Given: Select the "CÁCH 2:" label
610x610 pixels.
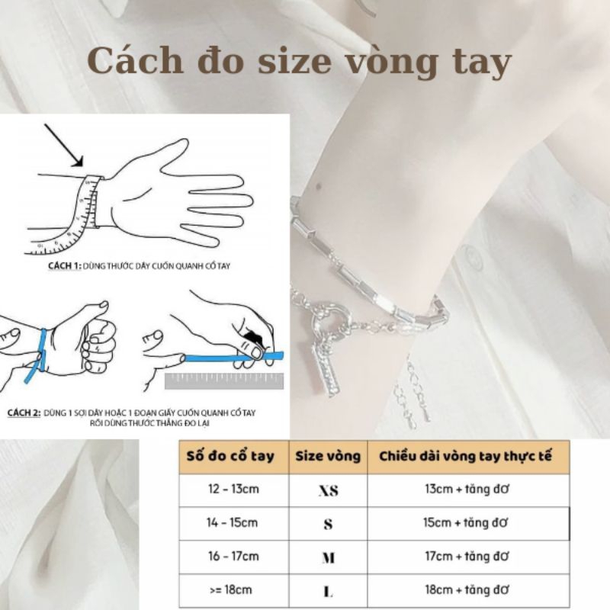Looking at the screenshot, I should tap(24, 413).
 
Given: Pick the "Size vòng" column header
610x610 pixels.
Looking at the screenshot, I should tap(328, 456).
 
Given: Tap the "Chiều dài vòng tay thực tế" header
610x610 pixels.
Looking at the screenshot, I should tap(466, 456).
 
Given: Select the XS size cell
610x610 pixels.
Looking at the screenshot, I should tap(328, 490).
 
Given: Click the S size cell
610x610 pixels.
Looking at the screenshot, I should tap(328, 524).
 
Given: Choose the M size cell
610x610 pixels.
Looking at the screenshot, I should tap(328, 557).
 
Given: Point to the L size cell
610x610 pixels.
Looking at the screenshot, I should tap(328, 591).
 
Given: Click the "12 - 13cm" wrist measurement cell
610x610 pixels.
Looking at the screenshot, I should tap(233, 489).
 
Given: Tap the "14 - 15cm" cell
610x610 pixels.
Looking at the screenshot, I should tap(233, 523).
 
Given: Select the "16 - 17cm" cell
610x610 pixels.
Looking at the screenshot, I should tap(233, 557).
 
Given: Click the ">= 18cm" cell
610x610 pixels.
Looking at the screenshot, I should tap(233, 590).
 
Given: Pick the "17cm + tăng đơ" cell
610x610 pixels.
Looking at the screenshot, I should tap(466, 557).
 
